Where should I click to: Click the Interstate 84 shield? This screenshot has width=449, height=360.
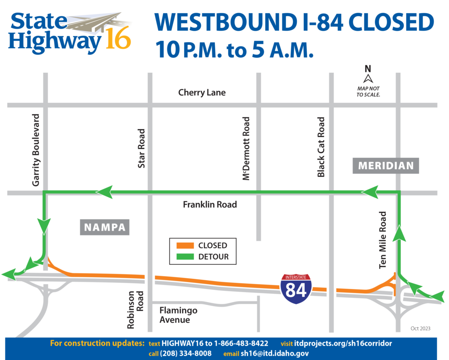tap(296, 289)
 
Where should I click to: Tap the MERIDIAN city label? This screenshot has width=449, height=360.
tap(386, 166)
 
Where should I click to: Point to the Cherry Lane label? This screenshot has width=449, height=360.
tap(202, 93)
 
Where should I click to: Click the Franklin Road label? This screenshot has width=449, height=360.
tap(210, 204)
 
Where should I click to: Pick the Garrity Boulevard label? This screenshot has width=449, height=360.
tap(36, 150)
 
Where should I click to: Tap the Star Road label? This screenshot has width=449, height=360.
tap(141, 148)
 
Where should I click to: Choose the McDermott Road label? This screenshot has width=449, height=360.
tap(246, 148)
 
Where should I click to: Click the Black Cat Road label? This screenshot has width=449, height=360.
tap(321, 147)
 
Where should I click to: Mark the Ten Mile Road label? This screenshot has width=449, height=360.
tap(383, 240)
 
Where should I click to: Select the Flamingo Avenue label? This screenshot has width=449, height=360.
tap(178, 315)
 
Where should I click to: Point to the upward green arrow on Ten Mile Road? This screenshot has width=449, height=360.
tap(399, 233)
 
